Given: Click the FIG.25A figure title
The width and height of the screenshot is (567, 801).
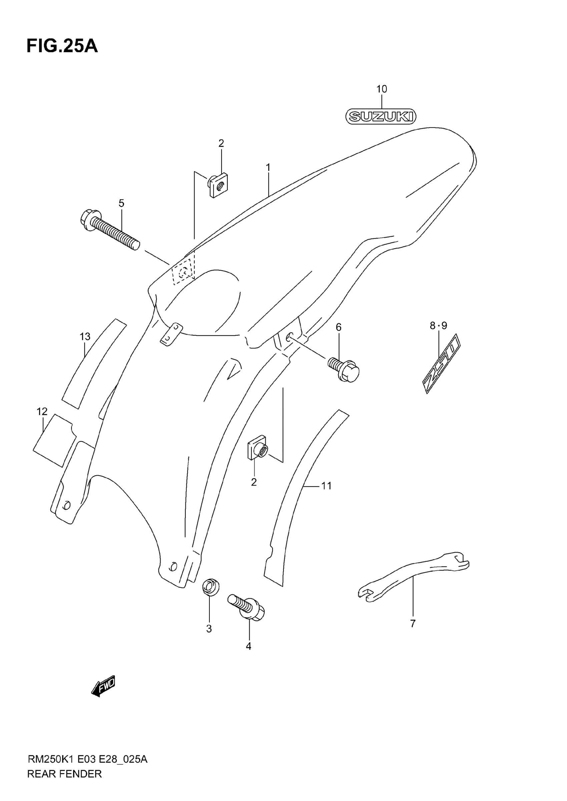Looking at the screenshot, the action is pos(62,46).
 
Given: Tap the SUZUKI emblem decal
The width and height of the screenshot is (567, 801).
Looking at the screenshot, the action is pos(381,116).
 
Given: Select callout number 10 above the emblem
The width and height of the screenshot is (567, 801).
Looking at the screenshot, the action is pos(382,89).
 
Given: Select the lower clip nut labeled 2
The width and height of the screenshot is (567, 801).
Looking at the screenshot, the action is pos(258,448).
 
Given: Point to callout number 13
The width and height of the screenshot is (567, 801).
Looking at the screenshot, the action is pos(85,337).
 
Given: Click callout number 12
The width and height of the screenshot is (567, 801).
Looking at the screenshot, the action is pos(42,412).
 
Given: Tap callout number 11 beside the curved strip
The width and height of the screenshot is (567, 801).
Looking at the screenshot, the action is pos(326,486).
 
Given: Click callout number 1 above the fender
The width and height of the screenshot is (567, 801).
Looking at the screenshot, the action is pos(268,168).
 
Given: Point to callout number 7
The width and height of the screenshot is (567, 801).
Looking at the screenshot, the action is pos(413,624).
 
